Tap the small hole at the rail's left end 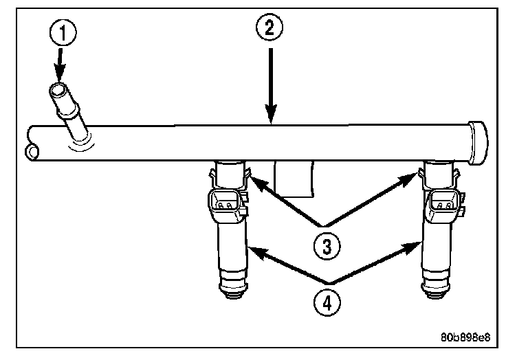pos(32,151)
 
